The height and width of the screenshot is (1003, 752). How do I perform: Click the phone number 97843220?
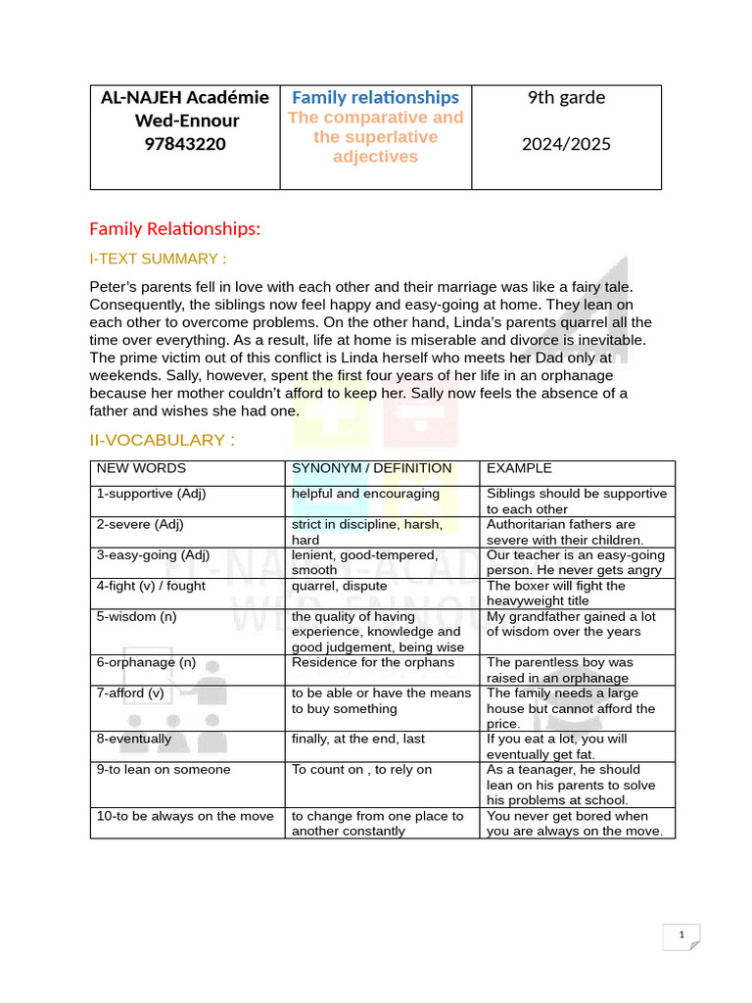[185, 144]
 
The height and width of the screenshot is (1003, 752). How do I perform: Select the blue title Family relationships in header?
[375, 97]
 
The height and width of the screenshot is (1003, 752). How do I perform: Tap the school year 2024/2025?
[566, 144]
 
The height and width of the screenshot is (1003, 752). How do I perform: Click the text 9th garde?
[566, 97]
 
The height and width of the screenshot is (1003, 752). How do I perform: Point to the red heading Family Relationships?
[175, 229]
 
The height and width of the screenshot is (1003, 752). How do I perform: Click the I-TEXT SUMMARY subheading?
[158, 259]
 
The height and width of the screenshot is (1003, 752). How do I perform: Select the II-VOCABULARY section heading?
[162, 440]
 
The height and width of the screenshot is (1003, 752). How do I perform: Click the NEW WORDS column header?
[141, 468]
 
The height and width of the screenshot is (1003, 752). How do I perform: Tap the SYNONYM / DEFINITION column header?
[372, 468]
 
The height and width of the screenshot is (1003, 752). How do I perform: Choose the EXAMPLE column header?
[519, 468]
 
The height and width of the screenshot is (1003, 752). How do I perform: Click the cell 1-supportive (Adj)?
[151, 494]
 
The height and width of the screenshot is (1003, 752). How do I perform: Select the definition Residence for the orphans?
[373, 662]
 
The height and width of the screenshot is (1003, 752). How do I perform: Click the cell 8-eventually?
[133, 739]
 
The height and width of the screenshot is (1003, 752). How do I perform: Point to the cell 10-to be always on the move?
[185, 816]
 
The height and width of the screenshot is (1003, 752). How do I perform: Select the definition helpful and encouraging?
[365, 494]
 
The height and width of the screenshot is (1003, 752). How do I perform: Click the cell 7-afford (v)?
[130, 693]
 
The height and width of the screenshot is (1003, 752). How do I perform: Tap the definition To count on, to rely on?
[361, 769]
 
